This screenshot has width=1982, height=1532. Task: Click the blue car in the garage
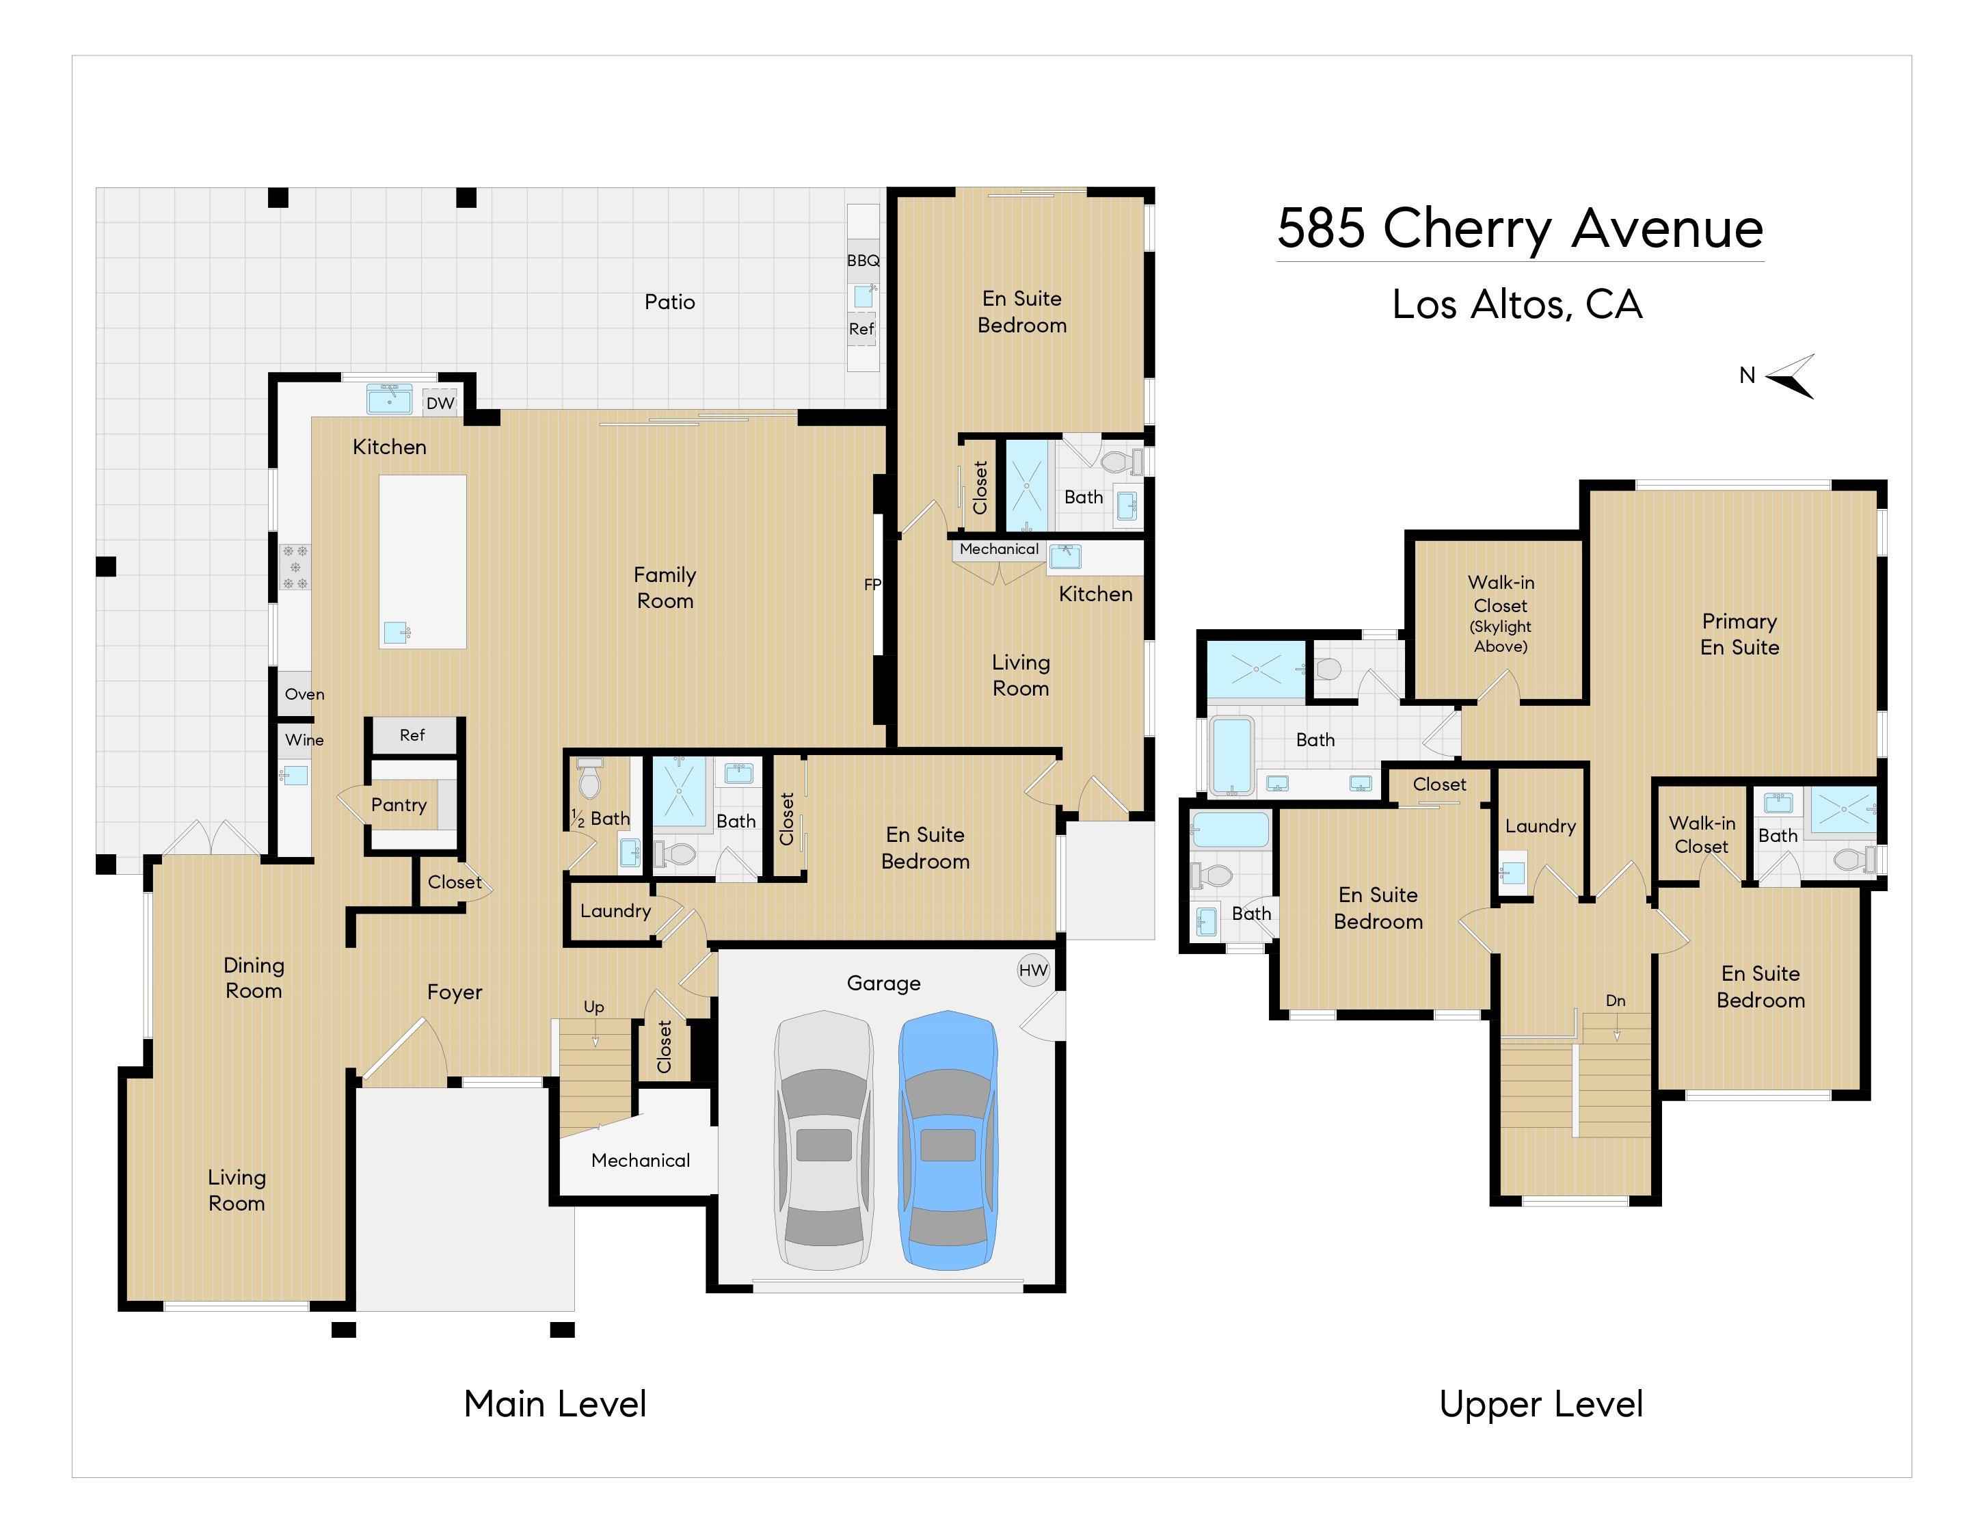click(948, 1140)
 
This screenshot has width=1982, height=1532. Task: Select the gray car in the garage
click(823, 1140)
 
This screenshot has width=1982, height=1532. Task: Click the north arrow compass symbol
click(1791, 377)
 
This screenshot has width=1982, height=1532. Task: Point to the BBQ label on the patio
click(863, 261)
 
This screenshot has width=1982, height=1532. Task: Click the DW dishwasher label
click(440, 403)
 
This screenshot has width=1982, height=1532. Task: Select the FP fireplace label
click(872, 585)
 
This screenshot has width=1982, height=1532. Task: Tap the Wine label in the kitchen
click(304, 740)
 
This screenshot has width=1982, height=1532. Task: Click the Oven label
click(304, 694)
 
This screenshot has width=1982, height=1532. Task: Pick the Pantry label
click(399, 805)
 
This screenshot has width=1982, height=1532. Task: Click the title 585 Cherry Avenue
click(1520, 228)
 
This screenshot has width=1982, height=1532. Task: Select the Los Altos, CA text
click(1517, 305)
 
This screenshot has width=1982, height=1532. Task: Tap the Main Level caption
click(555, 1404)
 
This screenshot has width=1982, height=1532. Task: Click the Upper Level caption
click(1541, 1405)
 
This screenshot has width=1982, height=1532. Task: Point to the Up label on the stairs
click(593, 1007)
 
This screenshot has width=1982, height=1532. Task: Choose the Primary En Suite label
click(1740, 635)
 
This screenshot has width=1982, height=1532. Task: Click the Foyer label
click(455, 992)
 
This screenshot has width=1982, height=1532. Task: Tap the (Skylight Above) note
click(1501, 636)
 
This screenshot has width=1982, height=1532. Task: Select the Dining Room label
click(254, 977)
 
